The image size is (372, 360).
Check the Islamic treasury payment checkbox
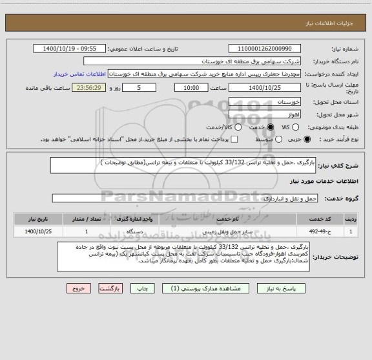pos(234,139)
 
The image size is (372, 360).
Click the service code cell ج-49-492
pos(318,230)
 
